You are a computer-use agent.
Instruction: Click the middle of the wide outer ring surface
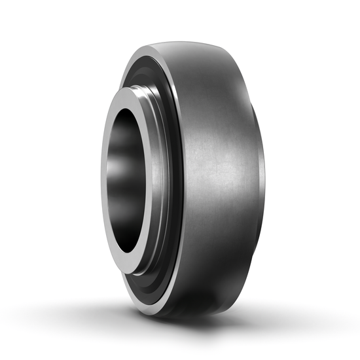click(x=216, y=177)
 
